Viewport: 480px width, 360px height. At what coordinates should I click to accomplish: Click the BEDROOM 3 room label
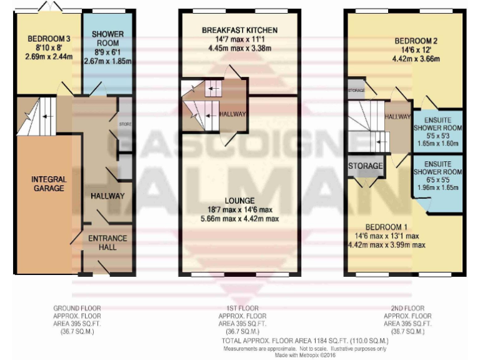[x=49, y=39]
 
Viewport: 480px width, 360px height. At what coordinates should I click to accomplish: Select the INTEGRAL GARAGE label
[x=49, y=184]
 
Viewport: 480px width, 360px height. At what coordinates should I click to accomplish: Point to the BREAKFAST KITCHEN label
[x=239, y=30]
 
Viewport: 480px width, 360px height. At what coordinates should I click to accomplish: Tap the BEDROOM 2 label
[x=416, y=41]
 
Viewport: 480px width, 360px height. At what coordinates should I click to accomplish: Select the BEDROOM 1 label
[x=386, y=226]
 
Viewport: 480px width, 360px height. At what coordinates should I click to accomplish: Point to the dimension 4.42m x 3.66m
[x=416, y=60]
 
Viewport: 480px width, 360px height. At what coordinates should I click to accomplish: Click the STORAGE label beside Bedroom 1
[x=365, y=166]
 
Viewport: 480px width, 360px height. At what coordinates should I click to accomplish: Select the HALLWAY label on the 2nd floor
[x=397, y=116]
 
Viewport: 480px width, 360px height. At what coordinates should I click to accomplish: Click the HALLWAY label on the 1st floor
[x=233, y=114]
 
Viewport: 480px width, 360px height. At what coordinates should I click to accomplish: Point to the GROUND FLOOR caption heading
[x=77, y=308]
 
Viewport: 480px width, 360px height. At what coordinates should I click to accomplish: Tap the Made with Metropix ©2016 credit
[x=306, y=355]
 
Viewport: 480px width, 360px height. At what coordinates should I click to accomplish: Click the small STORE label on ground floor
[x=125, y=124]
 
